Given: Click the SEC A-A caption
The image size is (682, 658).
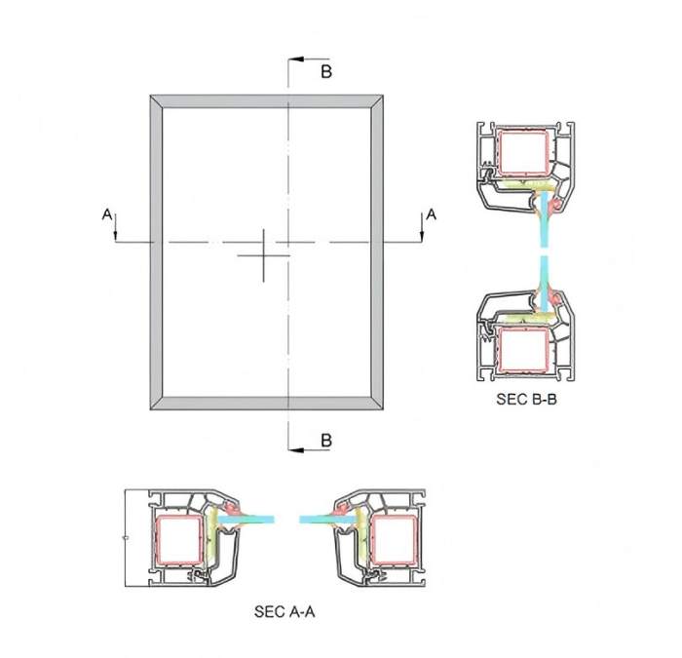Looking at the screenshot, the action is click(x=284, y=611).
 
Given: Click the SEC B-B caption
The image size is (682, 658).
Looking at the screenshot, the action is click(x=526, y=399).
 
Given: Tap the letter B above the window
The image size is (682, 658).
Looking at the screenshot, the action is click(x=326, y=71).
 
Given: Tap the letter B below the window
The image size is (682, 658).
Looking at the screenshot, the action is click(x=326, y=441).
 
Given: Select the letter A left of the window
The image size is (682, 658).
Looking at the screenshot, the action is click(x=107, y=214).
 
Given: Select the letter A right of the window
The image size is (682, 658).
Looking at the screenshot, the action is click(x=431, y=214).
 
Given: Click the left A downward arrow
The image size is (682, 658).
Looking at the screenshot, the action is click(x=116, y=227).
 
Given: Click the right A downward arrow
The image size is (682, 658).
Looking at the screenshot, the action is click(x=422, y=227).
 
